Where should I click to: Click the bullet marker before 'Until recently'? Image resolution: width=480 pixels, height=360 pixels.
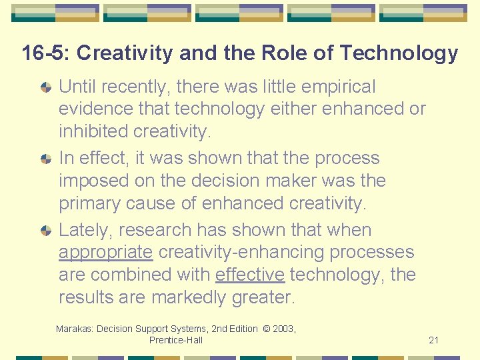point(46,87)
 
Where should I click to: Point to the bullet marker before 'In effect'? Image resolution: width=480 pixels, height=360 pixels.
point(46,159)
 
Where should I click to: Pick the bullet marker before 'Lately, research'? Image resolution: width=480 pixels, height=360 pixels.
point(46,230)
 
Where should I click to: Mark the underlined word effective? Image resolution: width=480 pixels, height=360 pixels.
point(250,275)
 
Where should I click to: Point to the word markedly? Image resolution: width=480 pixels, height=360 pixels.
point(189,297)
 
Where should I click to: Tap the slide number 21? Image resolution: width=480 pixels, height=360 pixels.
point(433,340)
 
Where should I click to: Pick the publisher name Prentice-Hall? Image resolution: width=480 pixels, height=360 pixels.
point(176,340)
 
